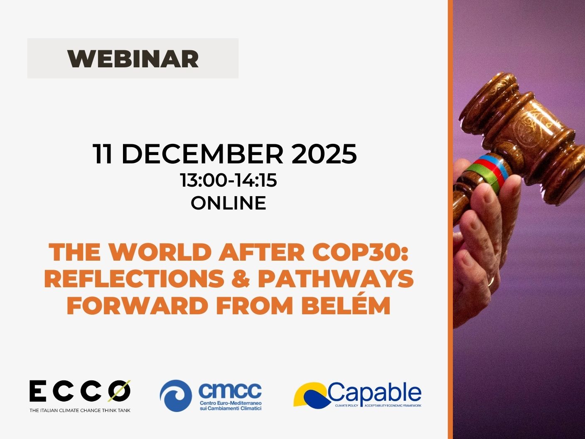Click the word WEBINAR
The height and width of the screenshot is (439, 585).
[133, 59]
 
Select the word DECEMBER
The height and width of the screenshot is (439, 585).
[202, 154]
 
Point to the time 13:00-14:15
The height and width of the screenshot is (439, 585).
[229, 180]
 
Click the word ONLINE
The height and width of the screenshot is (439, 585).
[229, 203]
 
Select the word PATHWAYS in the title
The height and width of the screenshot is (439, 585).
[336, 279]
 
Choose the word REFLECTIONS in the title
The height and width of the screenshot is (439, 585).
[134, 279]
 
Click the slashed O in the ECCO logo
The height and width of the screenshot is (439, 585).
[119, 391]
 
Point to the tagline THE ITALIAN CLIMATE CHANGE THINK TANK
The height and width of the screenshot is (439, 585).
[80, 410]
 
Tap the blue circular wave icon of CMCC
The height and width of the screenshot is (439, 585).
[176, 396]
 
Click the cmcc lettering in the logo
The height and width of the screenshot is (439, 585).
[230, 390]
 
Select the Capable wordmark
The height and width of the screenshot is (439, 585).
[374, 392]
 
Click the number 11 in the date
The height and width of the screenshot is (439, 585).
[103, 154]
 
